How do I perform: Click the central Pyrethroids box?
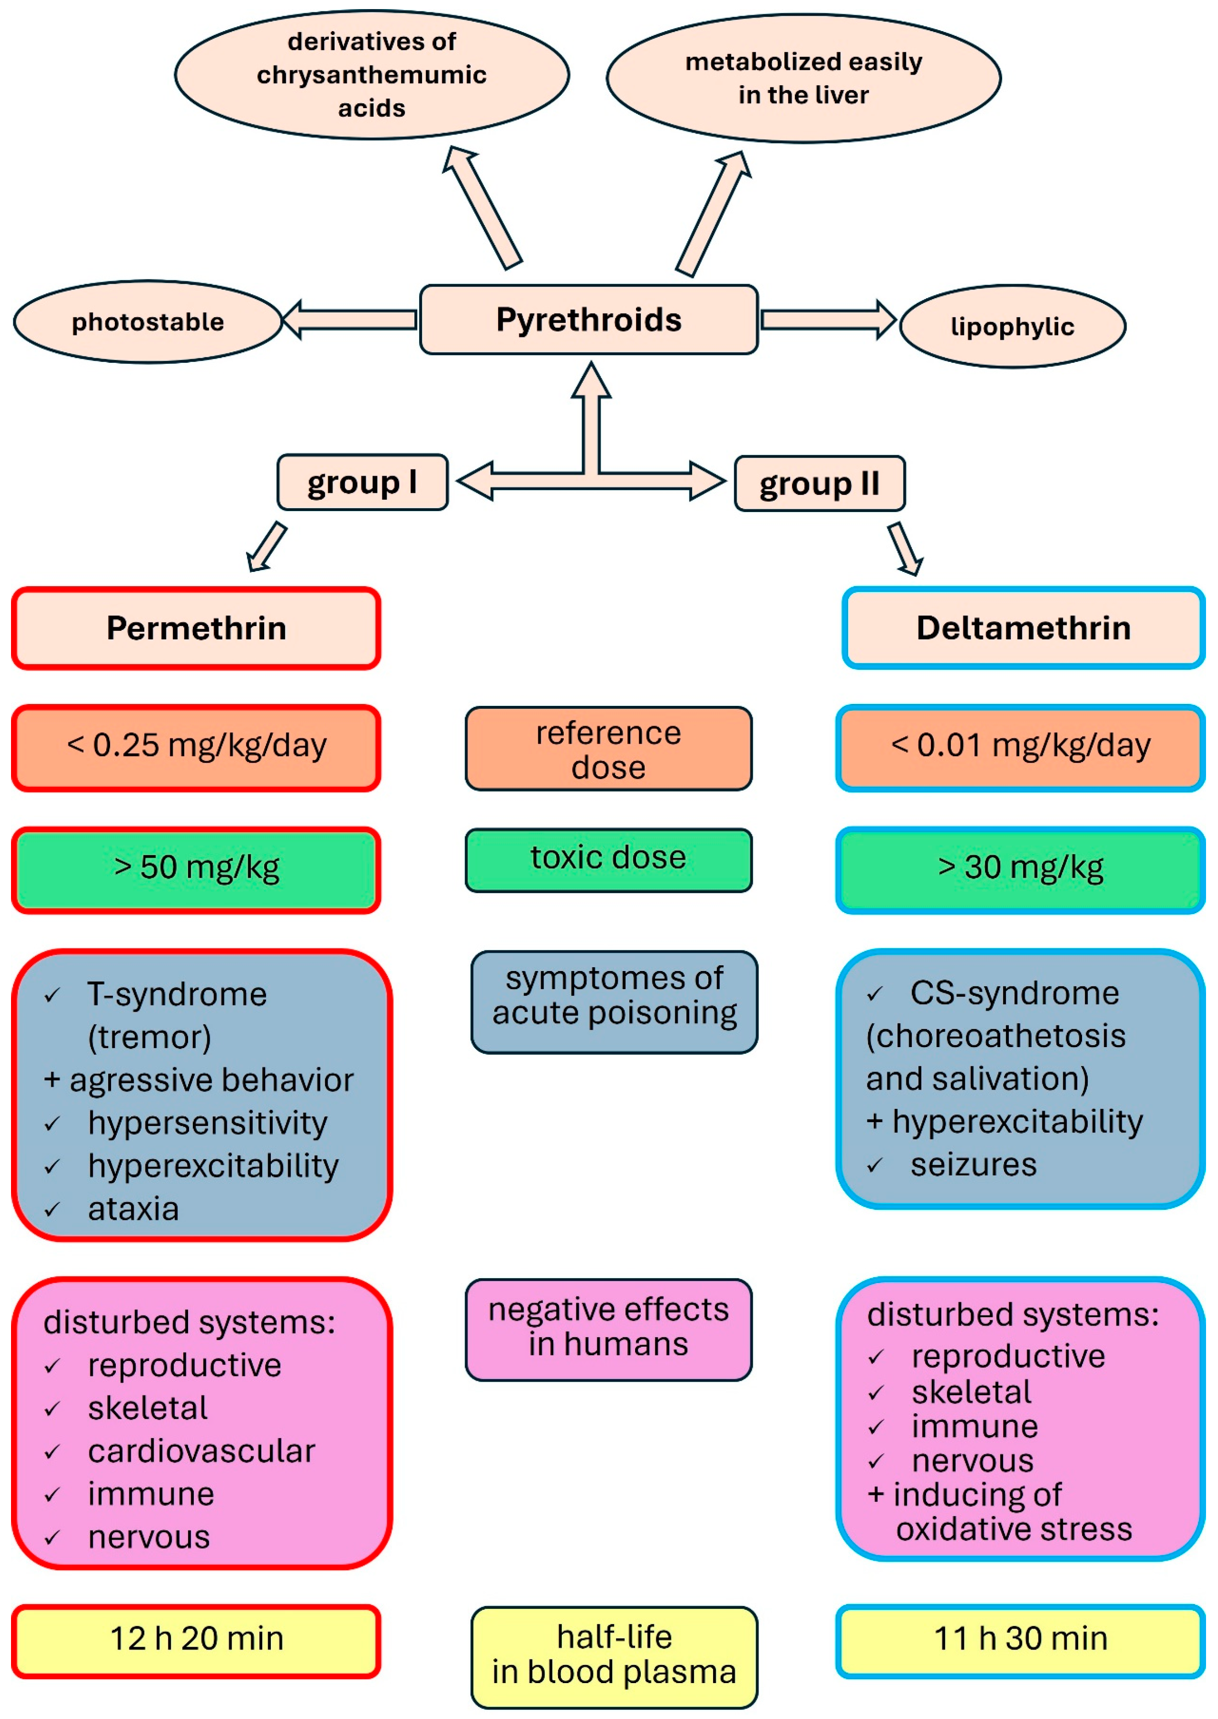coord(589,320)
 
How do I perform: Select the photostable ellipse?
coord(148,322)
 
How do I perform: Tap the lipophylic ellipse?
coord(1013,326)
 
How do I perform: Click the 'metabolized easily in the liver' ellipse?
coord(803,78)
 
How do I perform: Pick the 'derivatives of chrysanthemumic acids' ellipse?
coord(372,74)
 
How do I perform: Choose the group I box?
coord(362,482)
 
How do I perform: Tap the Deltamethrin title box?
coord(1023,628)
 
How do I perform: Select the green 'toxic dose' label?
coord(608,860)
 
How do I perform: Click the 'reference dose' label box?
coord(608,748)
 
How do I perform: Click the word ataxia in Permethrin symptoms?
coord(134,1209)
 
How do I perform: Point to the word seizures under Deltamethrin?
coord(973,1165)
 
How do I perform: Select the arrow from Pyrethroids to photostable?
coord(349,320)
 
